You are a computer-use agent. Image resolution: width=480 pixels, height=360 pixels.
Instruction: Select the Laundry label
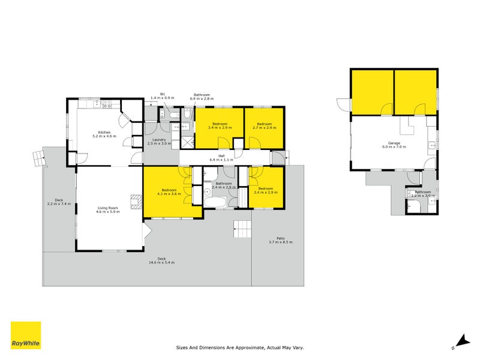[x=159, y=142]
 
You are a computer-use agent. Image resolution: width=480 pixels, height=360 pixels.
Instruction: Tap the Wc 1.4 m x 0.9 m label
[x=162, y=95]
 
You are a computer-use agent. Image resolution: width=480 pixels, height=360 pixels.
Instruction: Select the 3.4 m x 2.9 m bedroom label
[x=220, y=126]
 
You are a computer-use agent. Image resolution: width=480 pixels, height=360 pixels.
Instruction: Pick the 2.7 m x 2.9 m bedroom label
[x=265, y=126]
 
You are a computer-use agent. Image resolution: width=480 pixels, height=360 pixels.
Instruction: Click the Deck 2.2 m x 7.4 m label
[x=59, y=202]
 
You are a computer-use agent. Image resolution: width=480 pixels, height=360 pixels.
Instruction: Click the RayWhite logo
[x=26, y=335]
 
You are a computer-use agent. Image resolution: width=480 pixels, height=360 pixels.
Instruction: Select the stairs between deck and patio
[x=242, y=229]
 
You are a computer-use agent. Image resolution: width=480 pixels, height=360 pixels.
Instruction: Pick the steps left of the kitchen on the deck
[x=38, y=158]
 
